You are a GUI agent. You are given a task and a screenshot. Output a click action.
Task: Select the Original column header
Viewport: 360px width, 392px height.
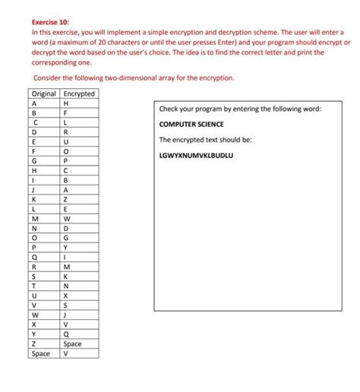(x=44, y=93)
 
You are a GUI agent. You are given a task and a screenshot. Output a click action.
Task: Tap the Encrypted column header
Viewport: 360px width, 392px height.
(x=79, y=93)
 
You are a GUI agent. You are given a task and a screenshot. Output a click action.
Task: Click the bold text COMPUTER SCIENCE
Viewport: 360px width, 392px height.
(x=191, y=124)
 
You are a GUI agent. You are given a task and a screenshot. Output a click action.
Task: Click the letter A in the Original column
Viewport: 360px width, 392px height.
(x=34, y=103)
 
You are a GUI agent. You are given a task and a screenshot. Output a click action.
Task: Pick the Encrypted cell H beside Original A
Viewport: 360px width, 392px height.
(x=66, y=103)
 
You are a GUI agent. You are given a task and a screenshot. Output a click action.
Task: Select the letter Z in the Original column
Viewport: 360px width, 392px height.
(x=34, y=344)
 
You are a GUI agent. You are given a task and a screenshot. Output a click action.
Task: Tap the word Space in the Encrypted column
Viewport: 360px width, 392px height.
(x=73, y=344)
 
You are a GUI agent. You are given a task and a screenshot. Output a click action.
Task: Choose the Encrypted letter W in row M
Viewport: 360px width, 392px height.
(x=67, y=219)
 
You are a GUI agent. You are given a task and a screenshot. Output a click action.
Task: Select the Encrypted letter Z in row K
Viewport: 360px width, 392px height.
(x=66, y=199)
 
